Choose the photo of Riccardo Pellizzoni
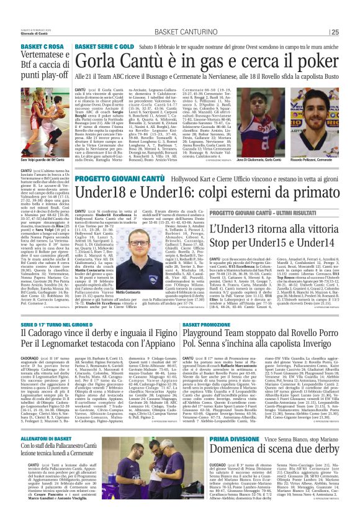[x=313, y=138]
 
